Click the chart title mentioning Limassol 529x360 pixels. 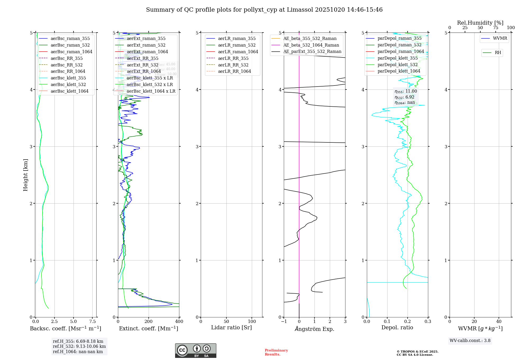pyautogui.click(x=264, y=10)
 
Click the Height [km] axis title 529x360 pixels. pyautogui.click(x=25, y=175)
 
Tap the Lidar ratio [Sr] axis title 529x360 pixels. pyautogui.click(x=231, y=328)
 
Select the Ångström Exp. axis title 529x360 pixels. pyautogui.click(x=314, y=329)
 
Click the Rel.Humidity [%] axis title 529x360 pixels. pyautogui.click(x=480, y=23)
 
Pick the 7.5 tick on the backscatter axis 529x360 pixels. pyautogui.click(x=92, y=322)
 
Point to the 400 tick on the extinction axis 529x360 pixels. pyautogui.click(x=179, y=322)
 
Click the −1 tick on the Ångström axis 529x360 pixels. pyautogui.click(x=284, y=322)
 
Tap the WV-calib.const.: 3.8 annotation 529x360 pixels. pyautogui.click(x=470, y=341)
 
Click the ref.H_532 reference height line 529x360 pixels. pyautogui.click(x=79, y=346)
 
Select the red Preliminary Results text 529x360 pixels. pyautogui.click(x=276, y=352)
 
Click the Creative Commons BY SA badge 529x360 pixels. pyautogui.click(x=195, y=351)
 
